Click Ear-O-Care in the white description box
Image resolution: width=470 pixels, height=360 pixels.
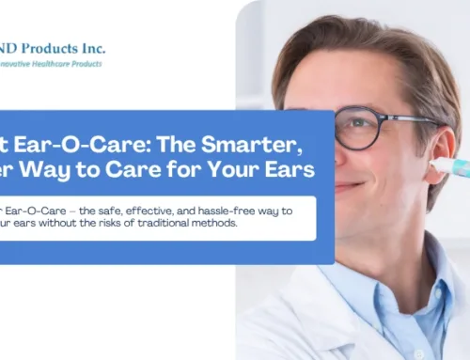pyautogui.click(x=39, y=211)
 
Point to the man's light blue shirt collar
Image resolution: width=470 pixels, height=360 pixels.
pyautogui.click(x=414, y=273)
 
